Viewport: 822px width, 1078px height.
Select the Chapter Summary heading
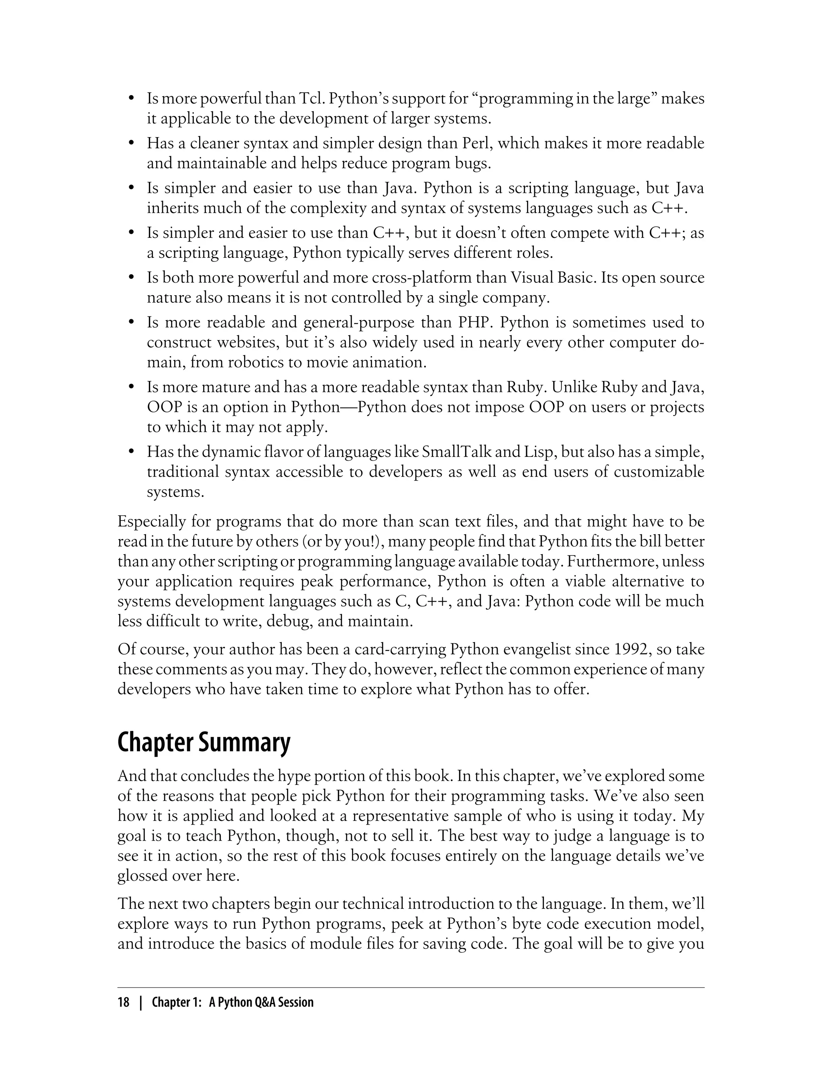coord(203,743)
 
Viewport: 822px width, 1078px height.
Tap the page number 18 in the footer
coord(123,1003)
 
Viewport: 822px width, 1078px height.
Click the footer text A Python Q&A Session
coord(261,1003)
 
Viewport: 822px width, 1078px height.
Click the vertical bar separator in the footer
coord(141,1003)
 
